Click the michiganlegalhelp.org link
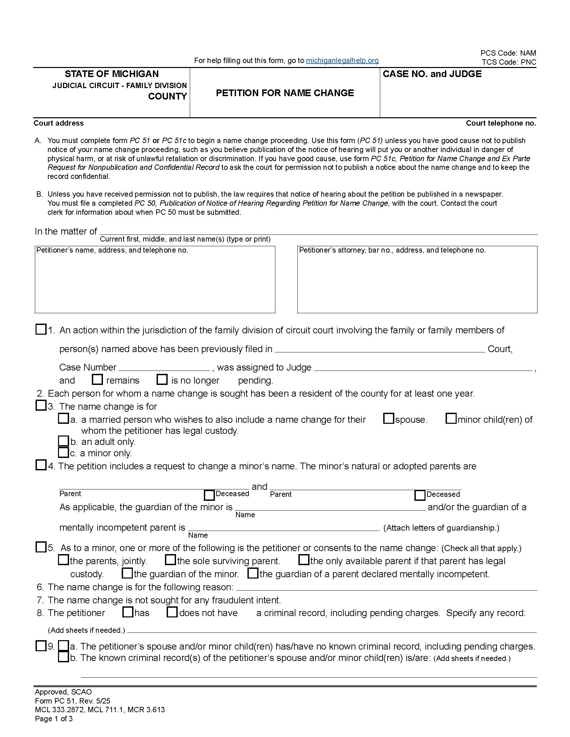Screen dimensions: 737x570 click(x=342, y=60)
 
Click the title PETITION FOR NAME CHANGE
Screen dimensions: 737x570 click(x=285, y=93)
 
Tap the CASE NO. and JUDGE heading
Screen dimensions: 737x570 click(x=432, y=74)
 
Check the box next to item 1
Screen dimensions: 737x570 click(x=41, y=329)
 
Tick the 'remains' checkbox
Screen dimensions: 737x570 click(x=97, y=380)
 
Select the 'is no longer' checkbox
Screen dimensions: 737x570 click(x=162, y=380)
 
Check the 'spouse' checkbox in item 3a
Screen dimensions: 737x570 click(x=389, y=419)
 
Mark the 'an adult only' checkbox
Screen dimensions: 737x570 click(x=63, y=441)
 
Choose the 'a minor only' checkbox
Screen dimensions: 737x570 click(x=63, y=452)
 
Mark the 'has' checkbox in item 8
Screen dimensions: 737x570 click(x=128, y=612)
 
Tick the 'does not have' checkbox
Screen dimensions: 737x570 click(x=172, y=612)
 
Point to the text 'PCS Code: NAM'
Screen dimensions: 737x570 click(x=508, y=53)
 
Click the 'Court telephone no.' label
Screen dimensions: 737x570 click(x=501, y=123)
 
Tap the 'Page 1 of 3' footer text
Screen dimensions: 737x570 click(x=54, y=719)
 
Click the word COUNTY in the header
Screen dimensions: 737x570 click(x=168, y=96)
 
